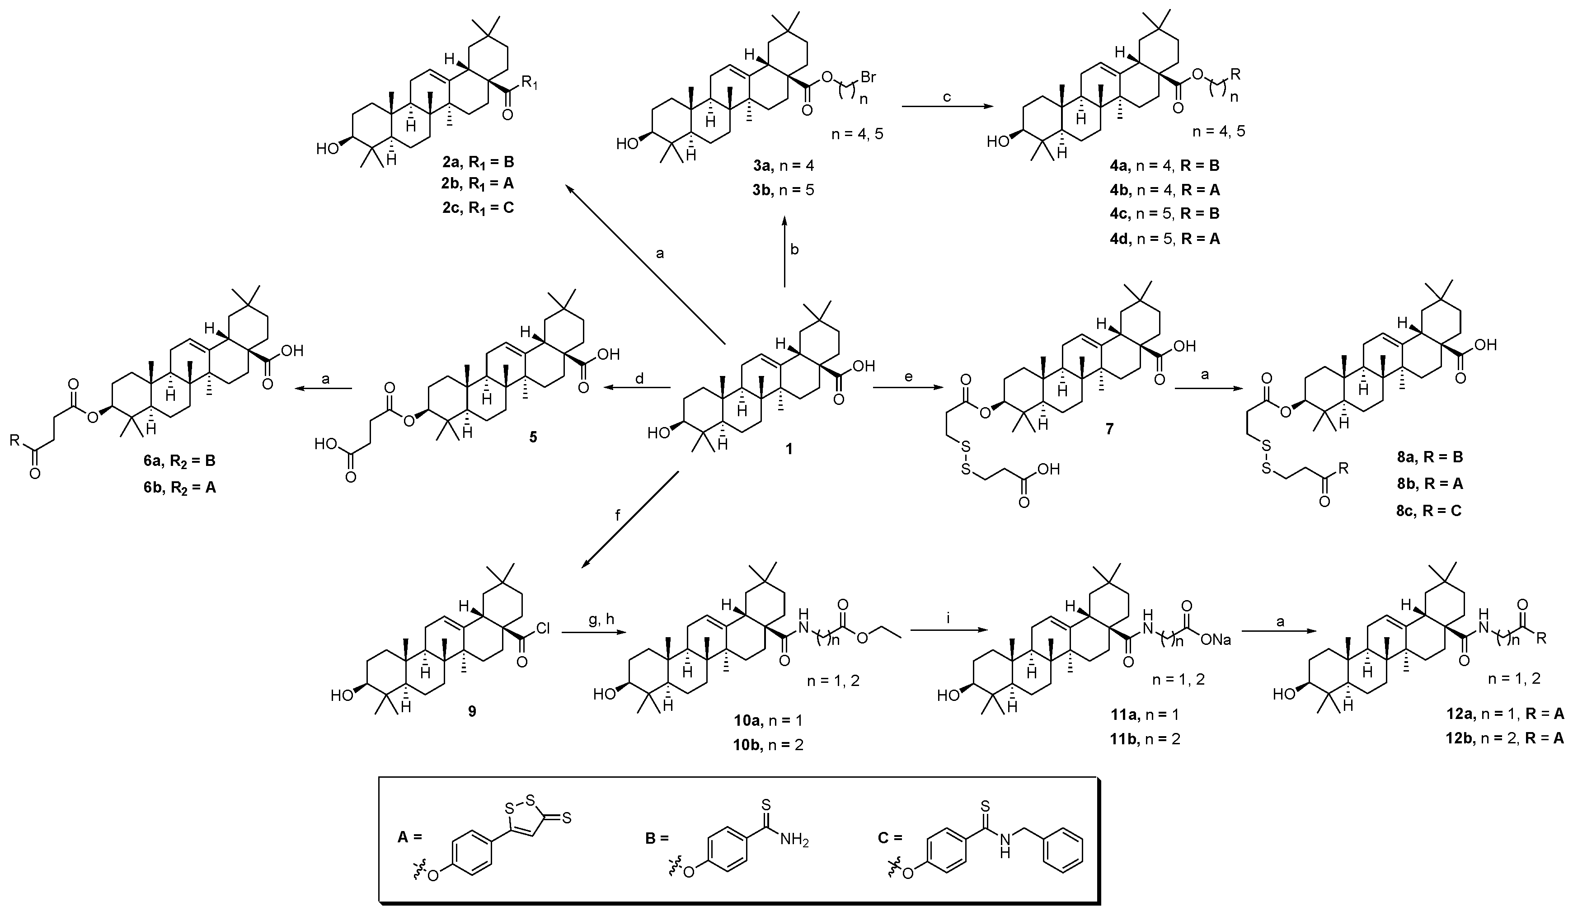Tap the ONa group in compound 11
point(1215,639)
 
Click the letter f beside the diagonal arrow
point(618,516)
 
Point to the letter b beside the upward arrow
point(794,250)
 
